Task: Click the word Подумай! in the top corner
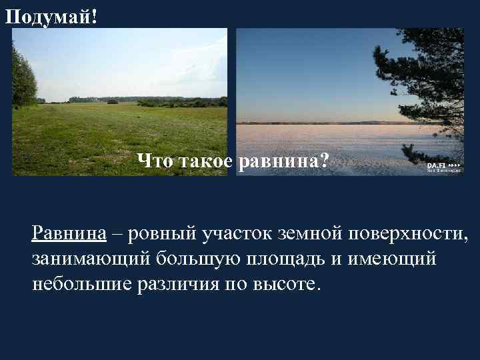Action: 51,15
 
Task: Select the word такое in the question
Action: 204,161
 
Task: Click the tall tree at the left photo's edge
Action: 23,77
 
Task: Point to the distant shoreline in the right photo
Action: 320,123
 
